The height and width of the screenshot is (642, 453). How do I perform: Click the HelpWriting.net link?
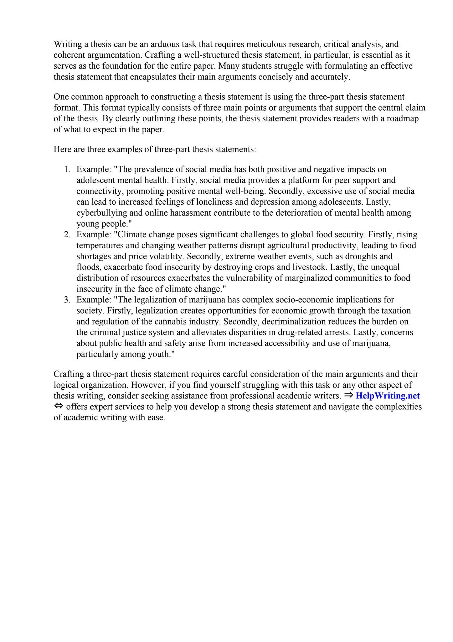pyautogui.click(x=388, y=396)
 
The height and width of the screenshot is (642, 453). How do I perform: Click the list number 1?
pyautogui.click(x=67, y=170)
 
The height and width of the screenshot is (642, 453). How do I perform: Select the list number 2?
pyautogui.click(x=67, y=235)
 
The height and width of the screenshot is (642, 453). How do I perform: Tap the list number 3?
pyautogui.click(x=67, y=300)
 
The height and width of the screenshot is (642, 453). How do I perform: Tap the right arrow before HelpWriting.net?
pyautogui.click(x=348, y=396)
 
